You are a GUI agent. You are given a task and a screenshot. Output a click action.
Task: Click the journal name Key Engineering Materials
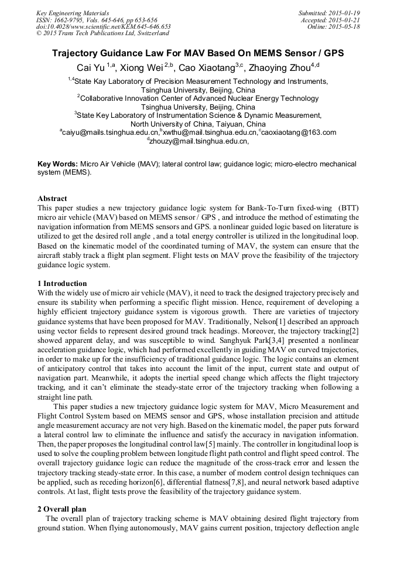pos(72,12)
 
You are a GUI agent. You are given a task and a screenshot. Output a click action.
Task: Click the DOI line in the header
pos(103,26)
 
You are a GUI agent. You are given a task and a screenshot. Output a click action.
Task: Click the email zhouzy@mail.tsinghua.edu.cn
pos(198,141)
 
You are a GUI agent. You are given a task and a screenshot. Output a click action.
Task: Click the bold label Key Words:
pos(57,164)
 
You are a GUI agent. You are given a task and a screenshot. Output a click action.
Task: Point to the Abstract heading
pos(52,199)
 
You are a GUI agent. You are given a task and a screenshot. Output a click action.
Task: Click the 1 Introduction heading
pos(62,284)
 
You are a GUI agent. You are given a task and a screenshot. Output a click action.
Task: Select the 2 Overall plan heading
pos(63,509)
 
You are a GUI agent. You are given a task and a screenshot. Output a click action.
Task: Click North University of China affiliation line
pos(198,124)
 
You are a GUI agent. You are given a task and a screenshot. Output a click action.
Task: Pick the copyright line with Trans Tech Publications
pos(102,33)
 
